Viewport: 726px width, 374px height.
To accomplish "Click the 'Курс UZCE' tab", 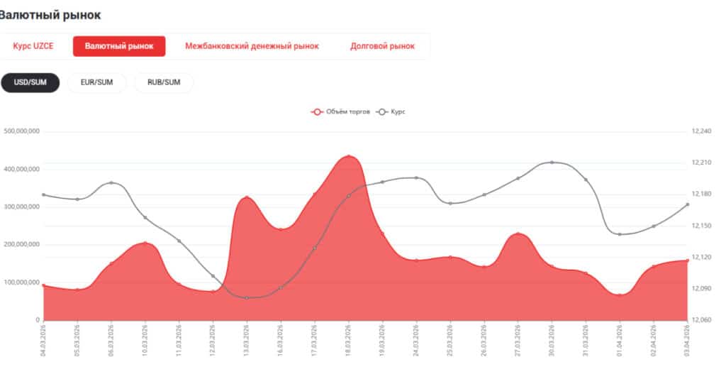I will (x=33, y=46).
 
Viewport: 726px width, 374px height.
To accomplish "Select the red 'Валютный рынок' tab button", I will (x=119, y=46).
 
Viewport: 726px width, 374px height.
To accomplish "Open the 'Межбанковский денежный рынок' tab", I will (x=252, y=46).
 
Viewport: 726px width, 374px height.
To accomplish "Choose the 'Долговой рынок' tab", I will (x=382, y=46).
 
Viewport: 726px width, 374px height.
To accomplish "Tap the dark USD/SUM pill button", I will (x=30, y=82).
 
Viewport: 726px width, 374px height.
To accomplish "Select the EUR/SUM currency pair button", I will (x=96, y=82).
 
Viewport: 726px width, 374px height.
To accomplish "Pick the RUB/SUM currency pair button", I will (x=164, y=82).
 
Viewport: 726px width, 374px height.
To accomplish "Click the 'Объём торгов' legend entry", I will (x=341, y=111).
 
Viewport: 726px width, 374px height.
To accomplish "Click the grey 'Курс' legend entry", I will (x=393, y=111).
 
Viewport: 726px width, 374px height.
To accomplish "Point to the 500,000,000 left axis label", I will (x=21, y=131).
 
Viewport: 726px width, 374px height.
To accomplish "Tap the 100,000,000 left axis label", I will (x=21, y=282).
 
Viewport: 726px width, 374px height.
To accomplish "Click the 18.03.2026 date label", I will (x=349, y=341).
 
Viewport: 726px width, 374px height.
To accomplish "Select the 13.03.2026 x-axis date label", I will (x=247, y=341).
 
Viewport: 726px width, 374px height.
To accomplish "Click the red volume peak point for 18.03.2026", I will (x=349, y=156).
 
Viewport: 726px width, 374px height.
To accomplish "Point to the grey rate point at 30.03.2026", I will (x=552, y=163).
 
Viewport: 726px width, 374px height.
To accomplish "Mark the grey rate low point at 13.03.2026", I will (x=247, y=297).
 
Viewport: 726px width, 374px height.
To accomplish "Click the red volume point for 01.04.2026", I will (x=620, y=295).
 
